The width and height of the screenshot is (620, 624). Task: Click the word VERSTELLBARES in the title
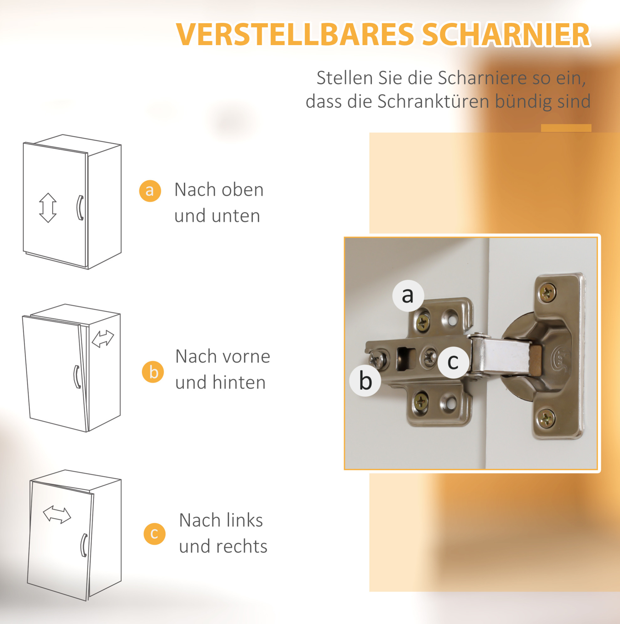click(x=295, y=34)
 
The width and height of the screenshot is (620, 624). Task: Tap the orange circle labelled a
click(x=150, y=191)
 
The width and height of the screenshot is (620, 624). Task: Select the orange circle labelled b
click(x=153, y=372)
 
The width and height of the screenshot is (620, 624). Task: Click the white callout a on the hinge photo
click(x=408, y=295)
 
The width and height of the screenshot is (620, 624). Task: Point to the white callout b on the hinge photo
click(x=365, y=381)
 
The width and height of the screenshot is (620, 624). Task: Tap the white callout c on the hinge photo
click(x=453, y=362)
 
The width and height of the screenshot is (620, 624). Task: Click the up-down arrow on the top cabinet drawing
click(x=48, y=208)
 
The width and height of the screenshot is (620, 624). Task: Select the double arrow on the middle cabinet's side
click(x=103, y=339)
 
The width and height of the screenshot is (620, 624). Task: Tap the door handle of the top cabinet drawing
click(x=80, y=208)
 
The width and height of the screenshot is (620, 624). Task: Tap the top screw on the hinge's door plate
click(x=547, y=293)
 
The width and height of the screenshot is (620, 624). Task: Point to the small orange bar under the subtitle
click(x=566, y=128)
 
